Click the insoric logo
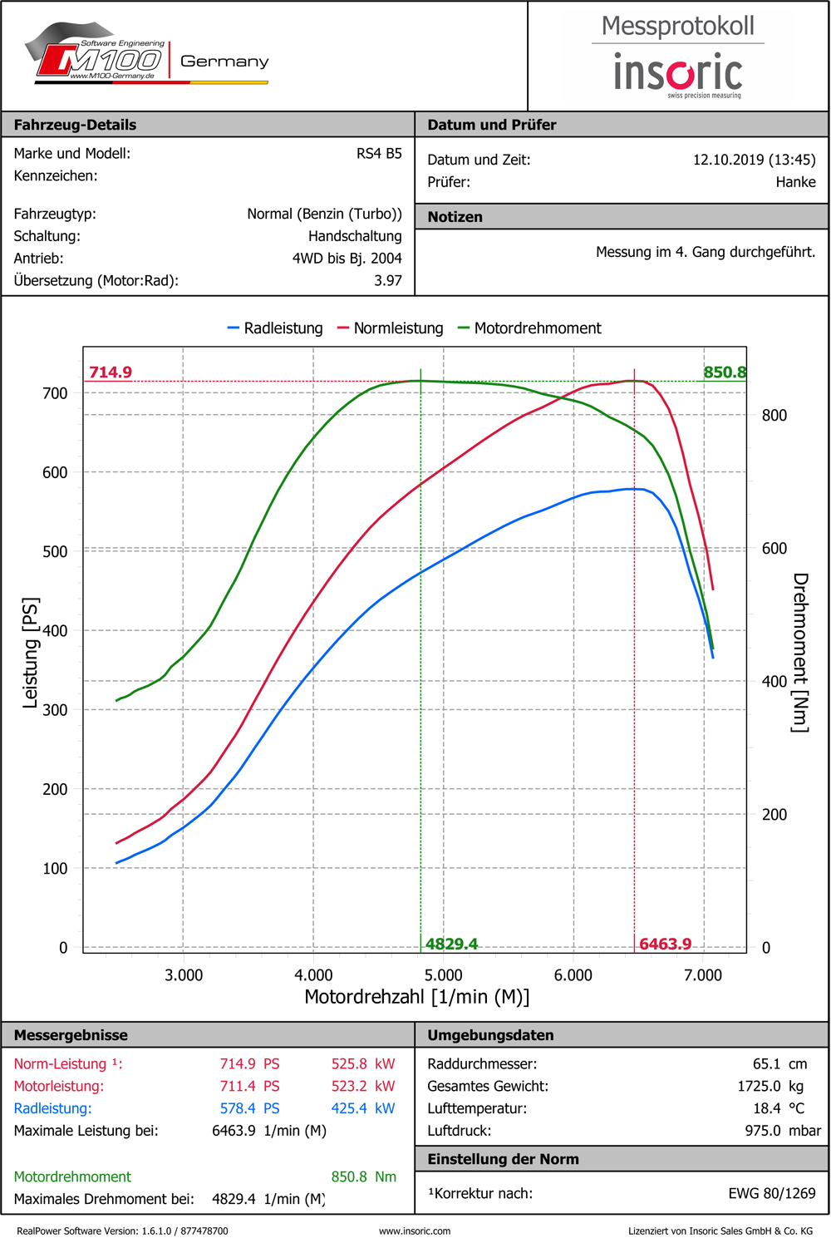(x=678, y=73)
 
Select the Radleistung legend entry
(x=276, y=328)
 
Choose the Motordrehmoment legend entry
(x=529, y=328)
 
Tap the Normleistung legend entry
(x=391, y=328)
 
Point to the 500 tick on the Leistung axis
(x=55, y=551)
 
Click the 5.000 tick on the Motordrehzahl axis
(x=443, y=975)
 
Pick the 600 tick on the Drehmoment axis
(x=774, y=549)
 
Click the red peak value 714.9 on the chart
(x=111, y=372)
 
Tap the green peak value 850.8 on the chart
(x=725, y=372)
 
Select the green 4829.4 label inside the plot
(x=451, y=944)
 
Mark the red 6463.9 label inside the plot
(x=665, y=944)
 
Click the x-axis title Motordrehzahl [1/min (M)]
(x=416, y=997)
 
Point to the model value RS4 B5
(x=379, y=153)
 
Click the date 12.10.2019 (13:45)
(x=754, y=160)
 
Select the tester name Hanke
(x=795, y=182)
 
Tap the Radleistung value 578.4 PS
(x=249, y=1108)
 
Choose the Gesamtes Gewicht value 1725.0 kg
(x=770, y=1086)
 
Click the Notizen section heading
(x=455, y=217)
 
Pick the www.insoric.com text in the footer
(x=415, y=1231)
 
